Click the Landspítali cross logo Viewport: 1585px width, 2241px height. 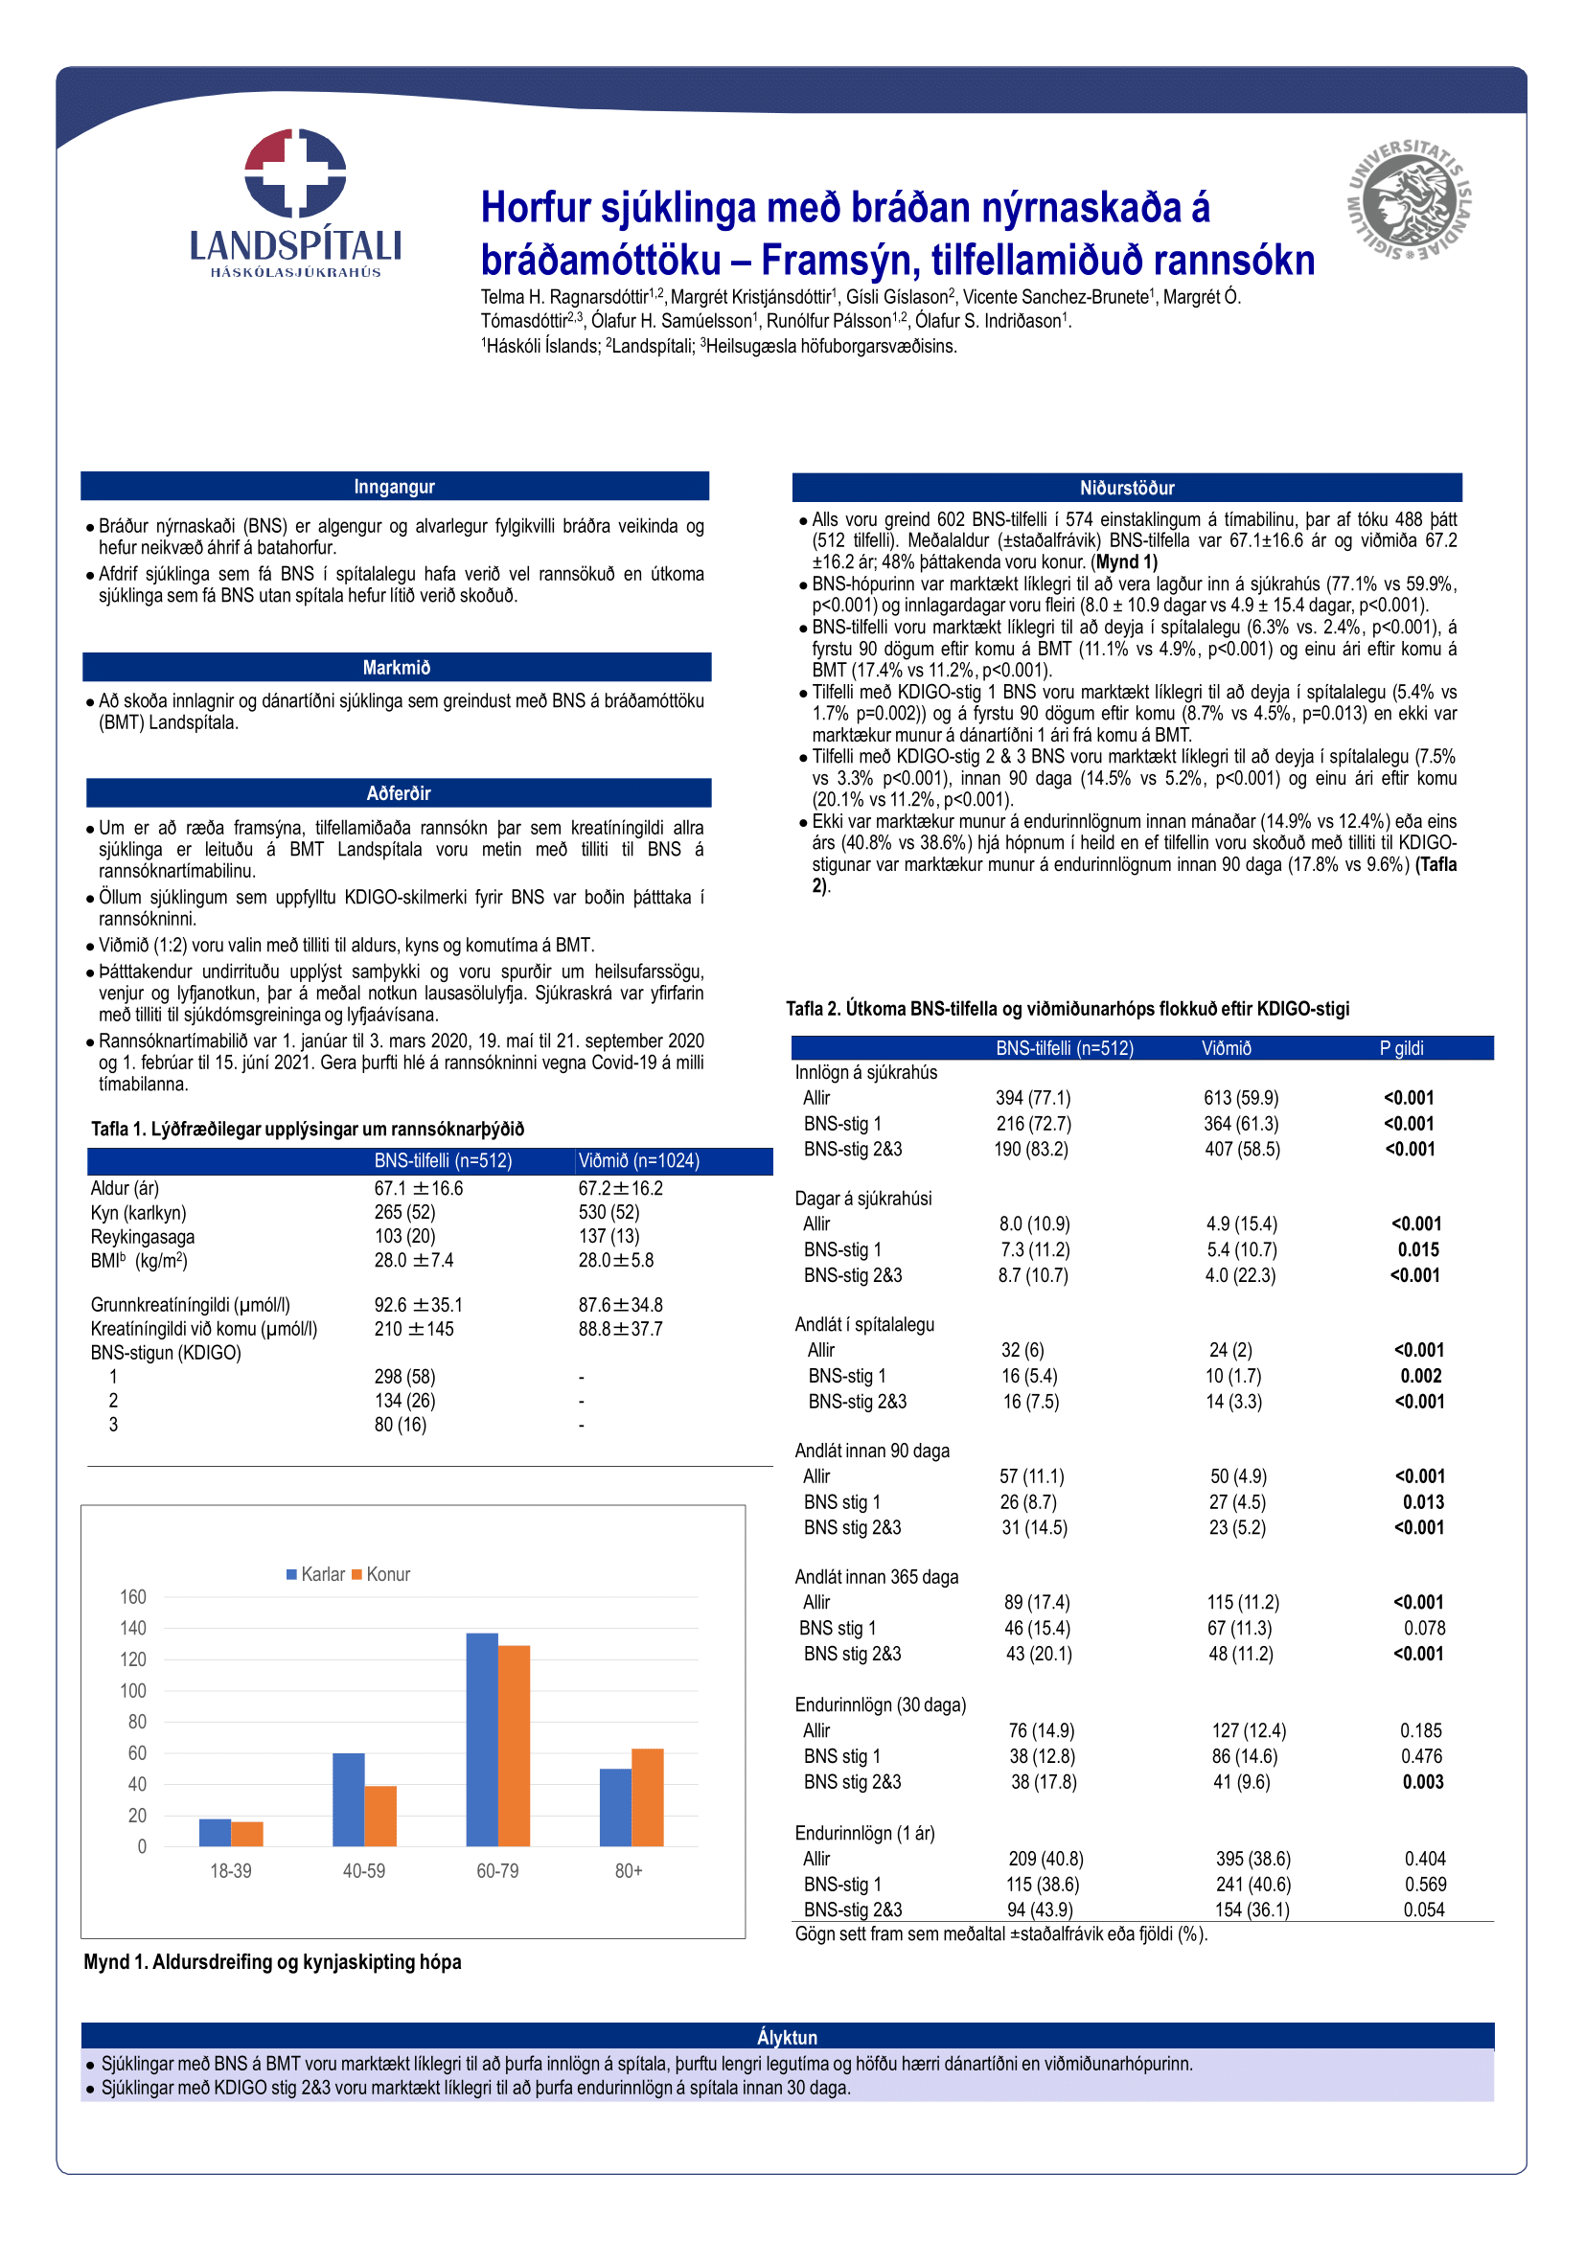point(295,172)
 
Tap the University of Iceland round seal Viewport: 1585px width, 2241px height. point(1410,199)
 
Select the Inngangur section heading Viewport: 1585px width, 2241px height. point(394,486)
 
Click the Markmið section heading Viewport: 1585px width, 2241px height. point(397,668)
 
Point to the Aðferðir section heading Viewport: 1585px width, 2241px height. point(399,793)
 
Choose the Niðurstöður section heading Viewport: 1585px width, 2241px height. point(1126,487)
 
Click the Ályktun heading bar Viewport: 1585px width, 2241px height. point(787,2037)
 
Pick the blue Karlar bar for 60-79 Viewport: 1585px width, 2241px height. point(482,1739)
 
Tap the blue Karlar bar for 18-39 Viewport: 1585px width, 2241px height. point(215,1832)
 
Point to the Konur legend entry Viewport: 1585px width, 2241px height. point(381,1574)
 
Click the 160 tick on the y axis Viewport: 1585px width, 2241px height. point(133,1597)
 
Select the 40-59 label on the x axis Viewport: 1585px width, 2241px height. point(364,1871)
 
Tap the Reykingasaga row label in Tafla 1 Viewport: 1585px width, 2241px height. point(143,1237)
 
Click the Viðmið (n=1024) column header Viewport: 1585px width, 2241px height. point(638,1160)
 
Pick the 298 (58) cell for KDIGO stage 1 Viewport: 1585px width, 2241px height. point(405,1376)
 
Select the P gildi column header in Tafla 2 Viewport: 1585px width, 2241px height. point(1401,1048)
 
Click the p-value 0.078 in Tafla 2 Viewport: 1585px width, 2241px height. point(1424,1628)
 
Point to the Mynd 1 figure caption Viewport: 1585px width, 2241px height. point(272,1962)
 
